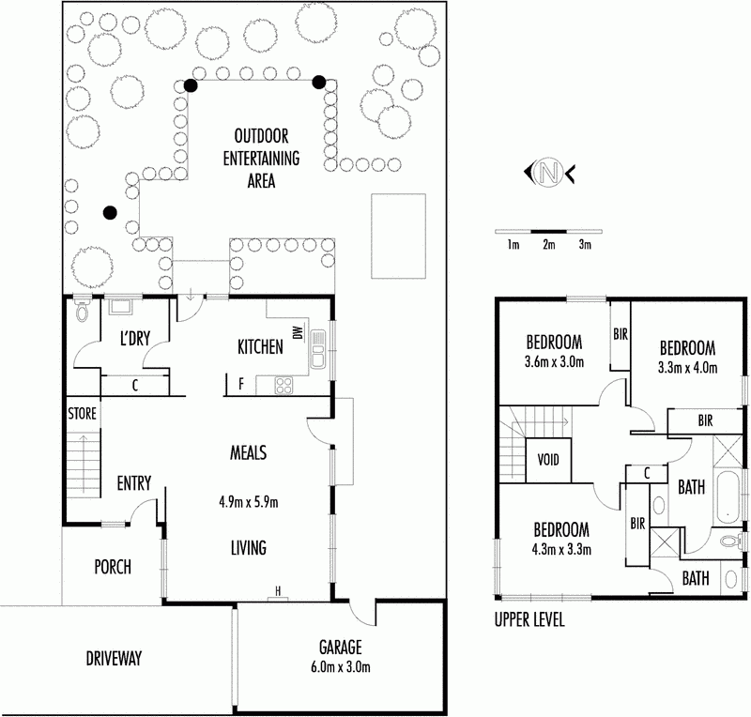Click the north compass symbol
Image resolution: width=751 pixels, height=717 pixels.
(549, 172)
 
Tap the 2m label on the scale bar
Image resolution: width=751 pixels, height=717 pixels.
(549, 245)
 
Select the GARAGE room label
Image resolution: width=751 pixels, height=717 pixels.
(341, 647)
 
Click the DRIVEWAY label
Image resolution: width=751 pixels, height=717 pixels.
(114, 659)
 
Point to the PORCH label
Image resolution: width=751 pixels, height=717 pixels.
(113, 567)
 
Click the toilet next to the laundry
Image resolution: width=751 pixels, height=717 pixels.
(83, 310)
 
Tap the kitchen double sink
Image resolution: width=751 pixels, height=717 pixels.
(317, 349)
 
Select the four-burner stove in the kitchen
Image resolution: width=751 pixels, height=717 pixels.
(284, 386)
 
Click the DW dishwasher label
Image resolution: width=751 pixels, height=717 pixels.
(298, 332)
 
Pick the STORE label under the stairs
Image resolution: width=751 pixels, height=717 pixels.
(82, 413)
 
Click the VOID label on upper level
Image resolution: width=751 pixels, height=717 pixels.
(548, 460)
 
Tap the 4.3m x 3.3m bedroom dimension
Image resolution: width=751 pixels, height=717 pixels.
(561, 549)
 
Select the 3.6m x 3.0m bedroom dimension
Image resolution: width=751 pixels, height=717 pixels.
(554, 361)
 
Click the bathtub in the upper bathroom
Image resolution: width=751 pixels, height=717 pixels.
(728, 498)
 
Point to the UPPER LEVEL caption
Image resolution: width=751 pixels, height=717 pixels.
(529, 619)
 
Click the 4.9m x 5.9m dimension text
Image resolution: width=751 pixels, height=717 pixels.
(249, 502)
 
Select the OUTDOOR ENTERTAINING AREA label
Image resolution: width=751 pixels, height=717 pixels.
(262, 158)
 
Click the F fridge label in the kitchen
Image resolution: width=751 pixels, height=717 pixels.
(241, 383)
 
